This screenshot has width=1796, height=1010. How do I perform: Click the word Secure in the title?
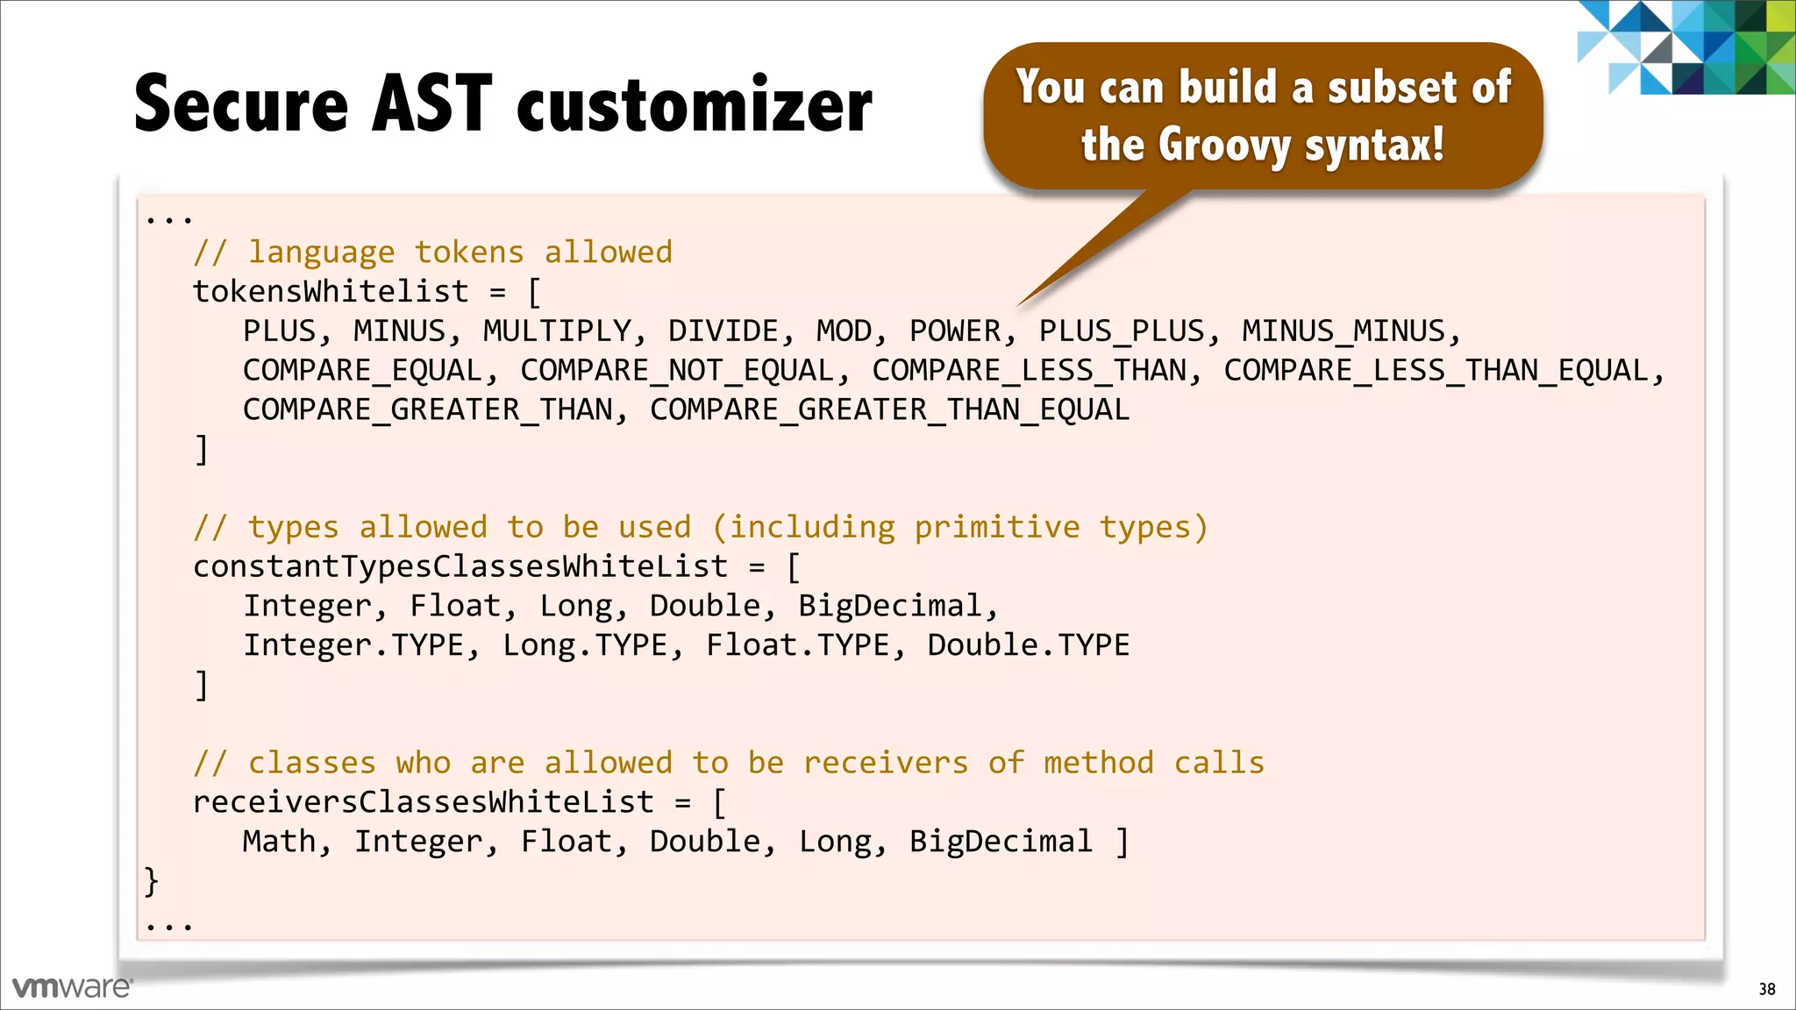pos(242,104)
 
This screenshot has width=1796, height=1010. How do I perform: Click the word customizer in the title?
pos(695,104)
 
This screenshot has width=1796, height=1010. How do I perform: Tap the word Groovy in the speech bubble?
pos(1223,145)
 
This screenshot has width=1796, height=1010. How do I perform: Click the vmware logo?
pos(72,987)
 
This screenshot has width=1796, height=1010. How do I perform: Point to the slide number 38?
pos(1766,989)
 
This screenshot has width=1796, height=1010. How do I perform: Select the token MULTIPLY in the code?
pos(557,331)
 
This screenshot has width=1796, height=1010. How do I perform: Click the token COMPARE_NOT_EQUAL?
pos(677,371)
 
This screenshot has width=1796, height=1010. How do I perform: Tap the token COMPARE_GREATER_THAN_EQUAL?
pos(889,410)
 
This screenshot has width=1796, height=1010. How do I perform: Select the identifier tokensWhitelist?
pos(331,292)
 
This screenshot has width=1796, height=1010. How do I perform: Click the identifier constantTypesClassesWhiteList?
pos(460,567)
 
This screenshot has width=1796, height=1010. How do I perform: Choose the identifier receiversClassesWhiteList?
pos(424,802)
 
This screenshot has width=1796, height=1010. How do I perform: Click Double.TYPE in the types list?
pos(1028,646)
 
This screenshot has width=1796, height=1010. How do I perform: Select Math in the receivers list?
pos(279,842)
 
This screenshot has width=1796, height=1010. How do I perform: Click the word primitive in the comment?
pos(996,528)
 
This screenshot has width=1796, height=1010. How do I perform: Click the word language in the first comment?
pos(321,253)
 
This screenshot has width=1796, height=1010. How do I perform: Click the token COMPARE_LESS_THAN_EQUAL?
pos(1436,371)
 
